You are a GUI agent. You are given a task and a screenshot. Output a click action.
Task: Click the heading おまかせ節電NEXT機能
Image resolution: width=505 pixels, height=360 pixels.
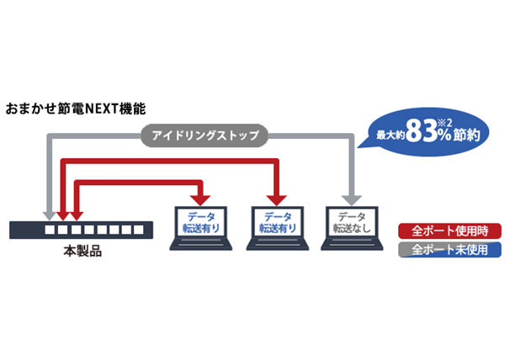tap(76, 109)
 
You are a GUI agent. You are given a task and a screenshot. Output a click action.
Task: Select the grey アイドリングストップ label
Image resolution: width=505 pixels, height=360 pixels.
tap(205, 135)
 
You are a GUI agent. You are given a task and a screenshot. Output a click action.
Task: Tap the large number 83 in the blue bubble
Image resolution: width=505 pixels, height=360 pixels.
tap(422, 131)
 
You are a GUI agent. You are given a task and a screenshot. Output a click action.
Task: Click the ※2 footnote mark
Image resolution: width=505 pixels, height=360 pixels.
tap(445, 123)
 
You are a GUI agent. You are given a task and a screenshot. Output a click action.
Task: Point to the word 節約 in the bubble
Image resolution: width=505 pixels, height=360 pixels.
tap(466, 135)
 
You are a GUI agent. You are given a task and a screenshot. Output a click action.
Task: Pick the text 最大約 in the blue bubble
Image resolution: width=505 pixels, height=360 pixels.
tap(391, 135)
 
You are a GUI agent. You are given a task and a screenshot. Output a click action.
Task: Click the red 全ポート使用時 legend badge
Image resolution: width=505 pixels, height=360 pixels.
tap(449, 231)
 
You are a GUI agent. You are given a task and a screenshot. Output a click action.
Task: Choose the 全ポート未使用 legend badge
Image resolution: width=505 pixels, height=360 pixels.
tap(449, 250)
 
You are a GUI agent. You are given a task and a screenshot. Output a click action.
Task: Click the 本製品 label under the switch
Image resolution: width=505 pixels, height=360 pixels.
tap(82, 251)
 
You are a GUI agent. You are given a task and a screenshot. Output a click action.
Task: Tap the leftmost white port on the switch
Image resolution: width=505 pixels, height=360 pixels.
tap(50, 230)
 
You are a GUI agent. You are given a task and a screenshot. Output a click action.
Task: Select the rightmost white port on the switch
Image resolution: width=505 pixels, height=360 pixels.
tap(139, 230)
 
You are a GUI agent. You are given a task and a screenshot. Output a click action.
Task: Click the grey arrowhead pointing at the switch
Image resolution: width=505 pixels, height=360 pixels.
tap(49, 216)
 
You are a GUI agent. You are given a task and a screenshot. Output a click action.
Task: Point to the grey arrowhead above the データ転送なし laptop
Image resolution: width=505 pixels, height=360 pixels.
tap(352, 200)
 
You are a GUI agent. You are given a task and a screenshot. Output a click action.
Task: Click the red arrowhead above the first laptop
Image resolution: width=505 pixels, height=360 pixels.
tap(200, 200)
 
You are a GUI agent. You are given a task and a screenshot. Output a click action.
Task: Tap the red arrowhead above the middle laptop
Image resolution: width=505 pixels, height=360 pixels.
tap(276, 200)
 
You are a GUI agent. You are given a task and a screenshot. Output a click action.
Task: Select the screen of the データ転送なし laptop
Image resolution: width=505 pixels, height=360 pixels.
tap(352, 222)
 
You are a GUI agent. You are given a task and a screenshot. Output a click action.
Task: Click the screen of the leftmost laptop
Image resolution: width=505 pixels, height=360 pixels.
tap(201, 222)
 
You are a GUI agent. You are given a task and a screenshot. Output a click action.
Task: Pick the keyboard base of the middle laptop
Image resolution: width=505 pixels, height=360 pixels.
tap(278, 244)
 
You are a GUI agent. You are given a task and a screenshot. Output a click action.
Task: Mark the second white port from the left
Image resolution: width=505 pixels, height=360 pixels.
tap(62, 230)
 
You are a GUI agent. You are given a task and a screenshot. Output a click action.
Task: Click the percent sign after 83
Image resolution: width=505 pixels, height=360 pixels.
tap(444, 135)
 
